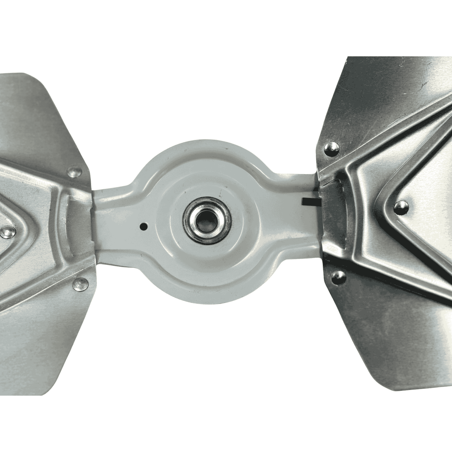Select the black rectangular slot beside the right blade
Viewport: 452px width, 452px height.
pyautogui.click(x=309, y=201)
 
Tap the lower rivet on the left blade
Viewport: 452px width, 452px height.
pyautogui.click(x=81, y=283)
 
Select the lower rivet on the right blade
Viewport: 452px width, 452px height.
pyautogui.click(x=338, y=277)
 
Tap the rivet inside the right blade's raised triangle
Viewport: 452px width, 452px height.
pyautogui.click(x=401, y=208)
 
